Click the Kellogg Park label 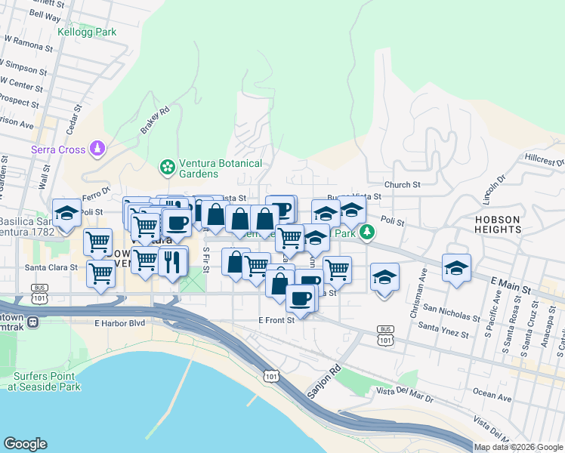(87, 32)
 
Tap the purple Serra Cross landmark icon (97, 149)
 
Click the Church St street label (401, 184)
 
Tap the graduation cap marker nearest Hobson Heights (456, 268)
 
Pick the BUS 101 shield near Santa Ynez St (386, 335)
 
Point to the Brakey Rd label (153, 121)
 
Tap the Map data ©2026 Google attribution (517, 447)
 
